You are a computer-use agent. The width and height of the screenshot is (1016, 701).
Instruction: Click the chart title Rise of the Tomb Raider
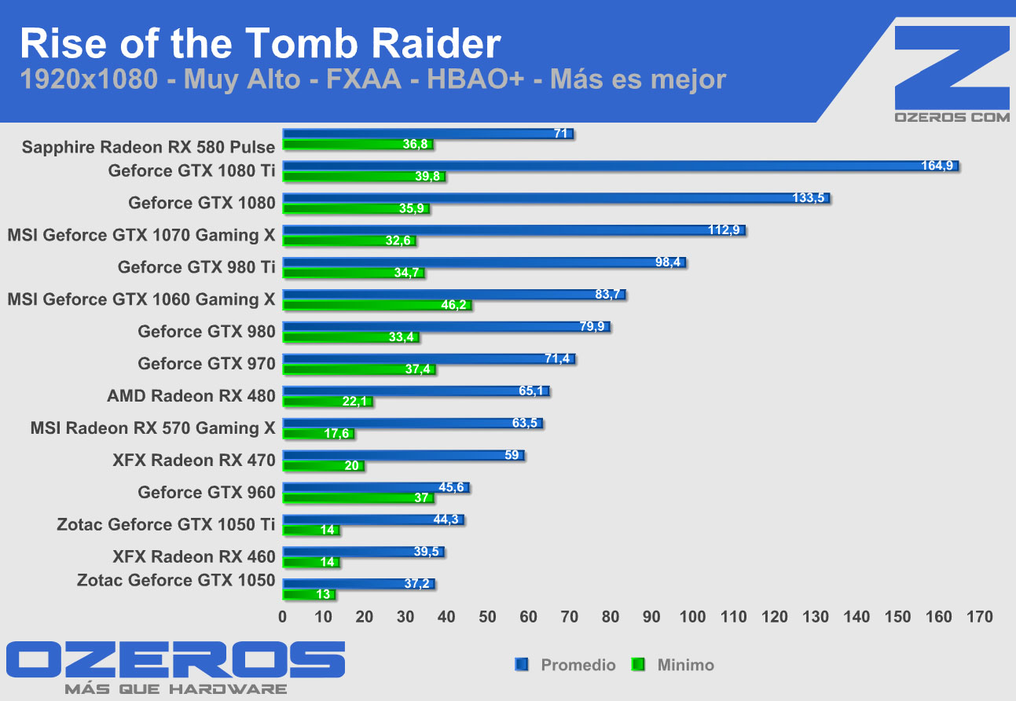260,44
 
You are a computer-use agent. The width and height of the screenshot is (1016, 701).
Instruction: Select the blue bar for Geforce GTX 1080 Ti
620,166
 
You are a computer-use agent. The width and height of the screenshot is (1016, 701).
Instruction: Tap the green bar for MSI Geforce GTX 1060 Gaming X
377,305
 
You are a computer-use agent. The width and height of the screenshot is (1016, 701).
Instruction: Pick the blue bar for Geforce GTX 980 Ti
484,262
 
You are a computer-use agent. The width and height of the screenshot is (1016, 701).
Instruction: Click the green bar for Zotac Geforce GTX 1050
309,594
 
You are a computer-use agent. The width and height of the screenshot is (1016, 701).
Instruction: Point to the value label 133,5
809,198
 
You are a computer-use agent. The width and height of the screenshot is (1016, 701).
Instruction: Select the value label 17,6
336,434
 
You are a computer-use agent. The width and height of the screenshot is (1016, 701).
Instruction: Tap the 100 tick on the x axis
693,617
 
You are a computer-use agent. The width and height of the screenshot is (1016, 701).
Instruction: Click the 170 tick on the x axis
980,617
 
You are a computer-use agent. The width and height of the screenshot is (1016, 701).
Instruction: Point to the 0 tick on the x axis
283,617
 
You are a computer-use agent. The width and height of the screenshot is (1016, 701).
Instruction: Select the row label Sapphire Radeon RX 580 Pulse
149,147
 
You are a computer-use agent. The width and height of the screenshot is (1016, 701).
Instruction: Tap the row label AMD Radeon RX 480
191,395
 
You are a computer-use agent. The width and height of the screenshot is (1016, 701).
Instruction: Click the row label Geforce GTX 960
207,492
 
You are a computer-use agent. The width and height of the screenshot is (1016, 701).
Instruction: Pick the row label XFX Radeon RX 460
194,556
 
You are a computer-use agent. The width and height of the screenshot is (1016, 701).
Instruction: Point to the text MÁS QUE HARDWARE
175,689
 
